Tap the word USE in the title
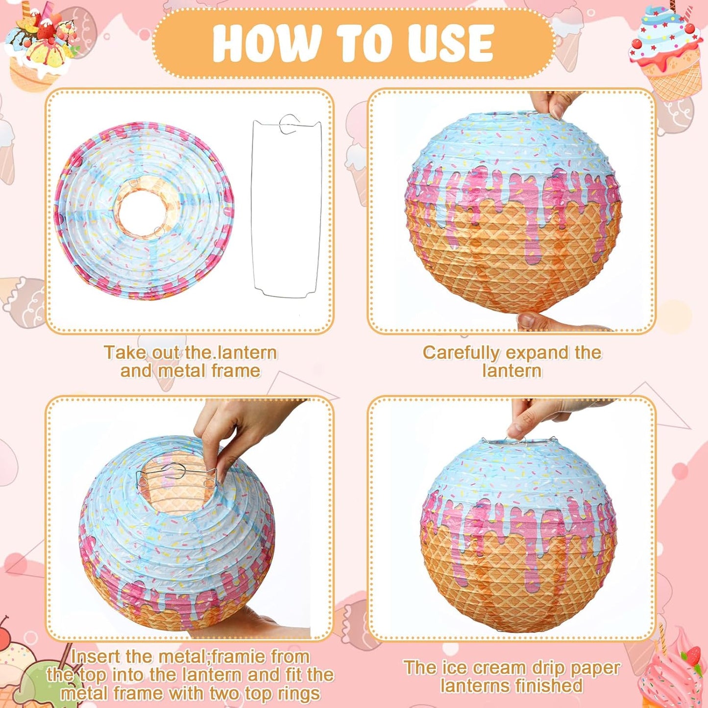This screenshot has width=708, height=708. [x=444, y=43]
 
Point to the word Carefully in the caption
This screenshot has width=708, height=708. [x=461, y=353]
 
